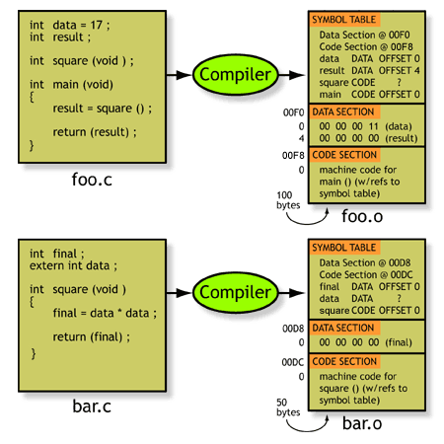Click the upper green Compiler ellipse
pos(235,75)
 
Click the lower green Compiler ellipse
pos(235,292)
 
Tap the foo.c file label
pos(92,180)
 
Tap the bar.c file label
pos(92,407)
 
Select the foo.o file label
pos(362,216)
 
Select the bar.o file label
pos(362,423)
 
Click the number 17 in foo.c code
pos(97,25)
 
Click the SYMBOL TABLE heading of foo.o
pos(344,20)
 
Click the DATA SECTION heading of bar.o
pos(343,328)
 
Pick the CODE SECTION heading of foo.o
pos(344,155)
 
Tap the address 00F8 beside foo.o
pos(293,155)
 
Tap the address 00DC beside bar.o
pos(293,362)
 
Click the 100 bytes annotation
pos(288,200)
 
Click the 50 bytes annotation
pos(288,407)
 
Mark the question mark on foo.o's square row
pos(399,82)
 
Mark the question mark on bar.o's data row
pos(399,298)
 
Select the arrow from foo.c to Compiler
pos(180,75)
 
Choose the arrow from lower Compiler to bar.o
pos(291,292)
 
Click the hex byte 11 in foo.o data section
pos(374,126)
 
